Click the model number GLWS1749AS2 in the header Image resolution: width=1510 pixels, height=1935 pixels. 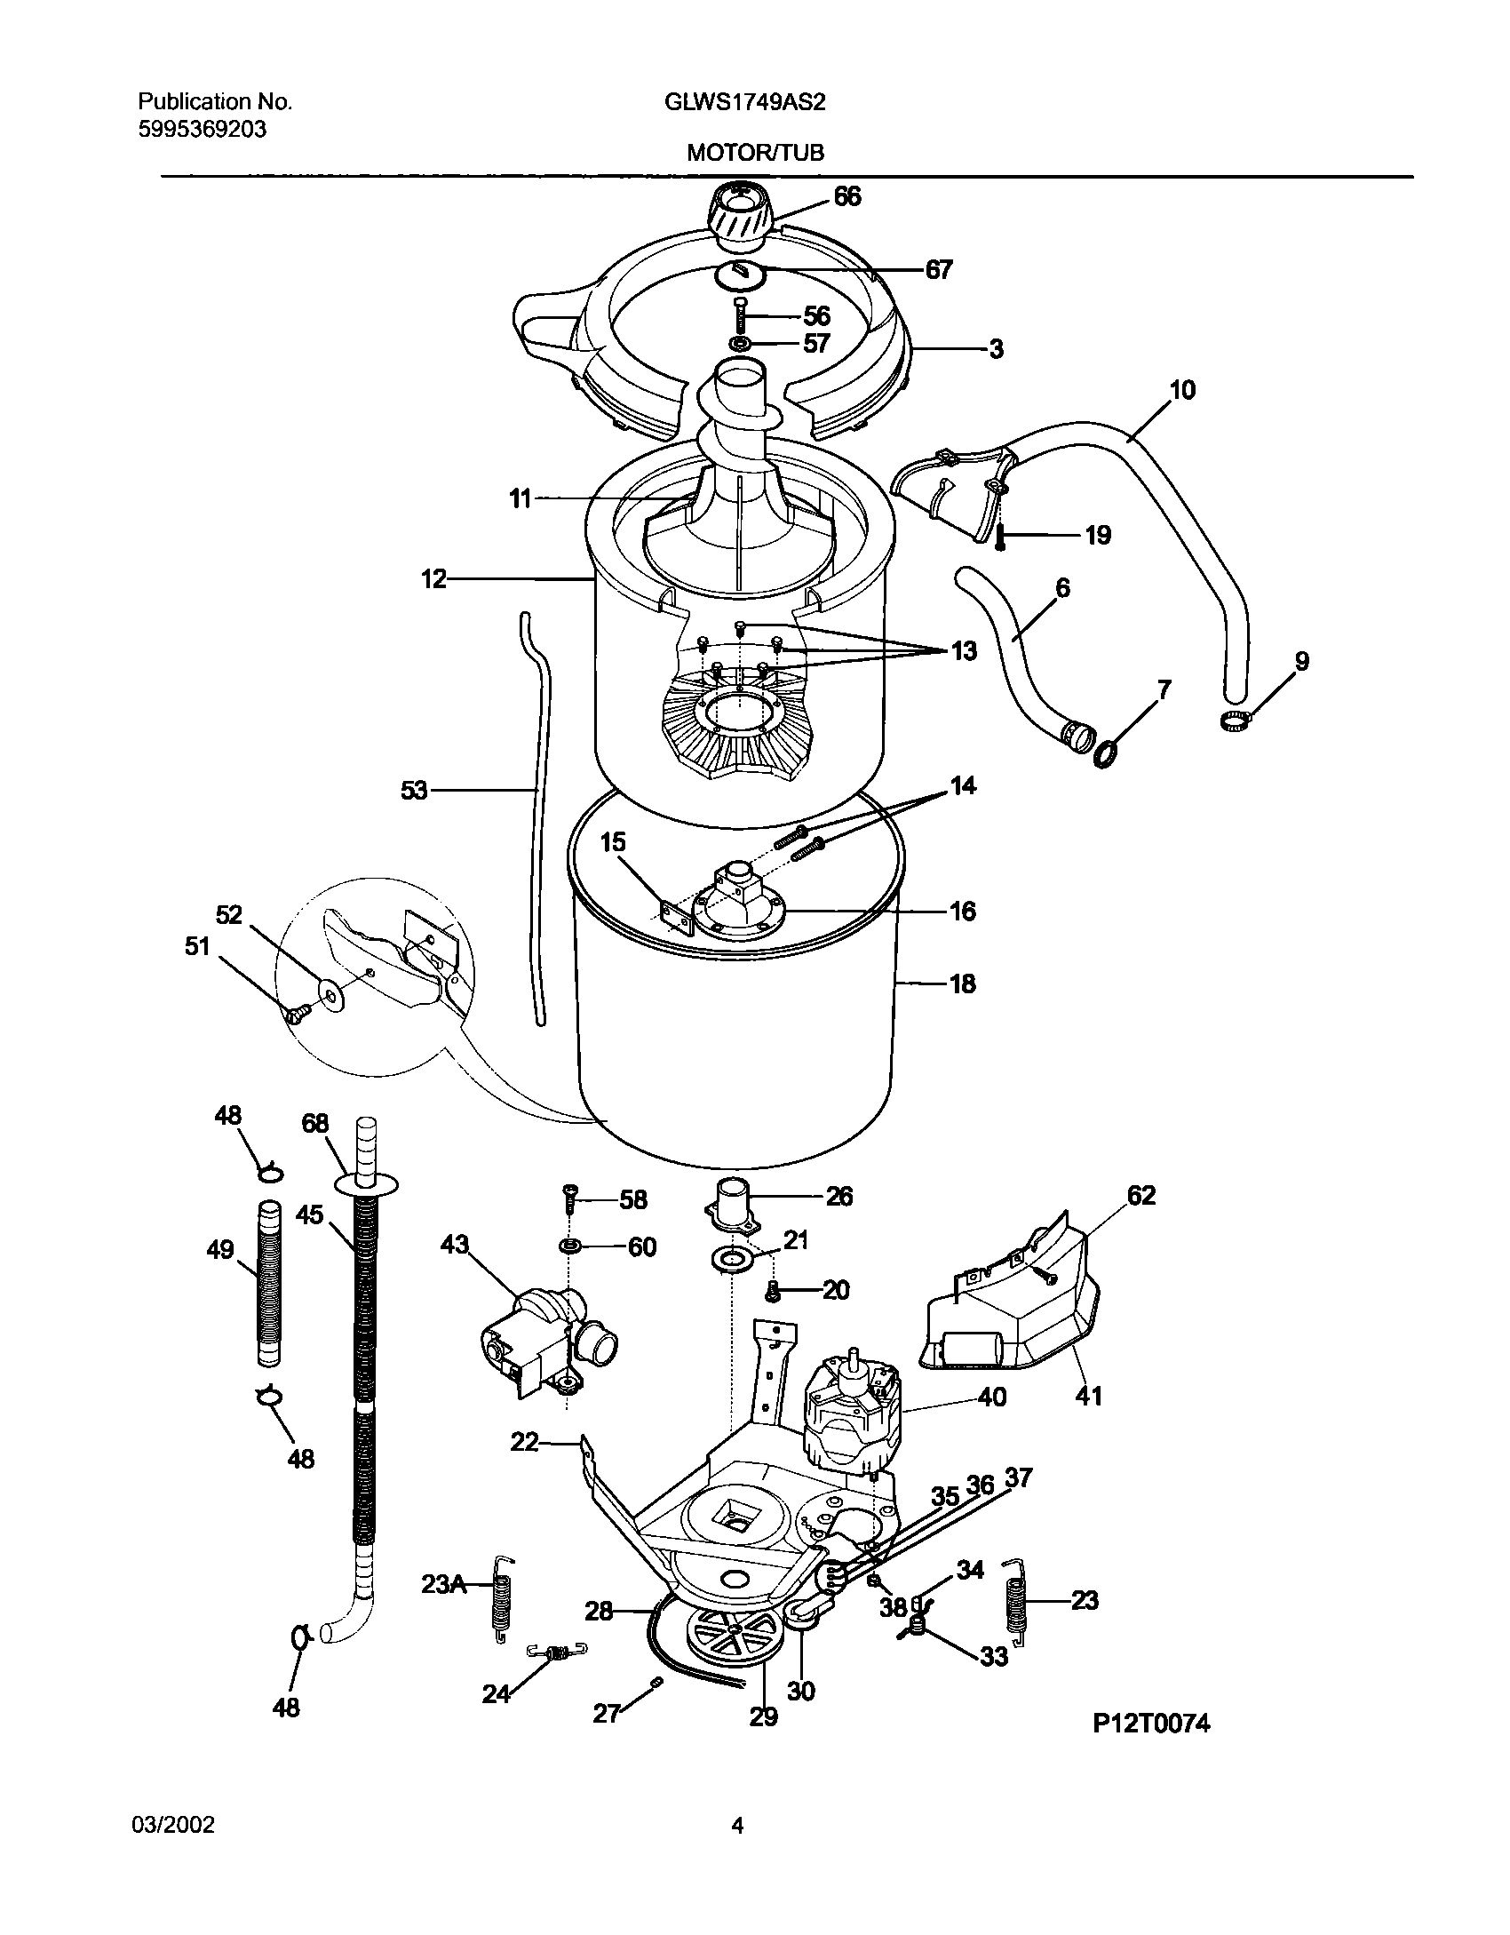click(744, 102)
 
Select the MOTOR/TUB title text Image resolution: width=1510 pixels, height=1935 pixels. click(755, 153)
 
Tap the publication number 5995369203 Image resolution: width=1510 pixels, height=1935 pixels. click(202, 130)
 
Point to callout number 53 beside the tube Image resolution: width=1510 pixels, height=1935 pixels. click(414, 790)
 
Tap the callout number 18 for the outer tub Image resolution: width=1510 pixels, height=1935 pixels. click(962, 983)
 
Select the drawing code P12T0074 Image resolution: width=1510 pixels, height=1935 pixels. click(1150, 1748)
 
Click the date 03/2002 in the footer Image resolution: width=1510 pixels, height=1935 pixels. click(172, 1826)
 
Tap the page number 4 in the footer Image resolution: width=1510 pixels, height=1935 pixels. click(736, 1826)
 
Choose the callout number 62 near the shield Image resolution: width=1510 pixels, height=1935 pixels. click(1141, 1196)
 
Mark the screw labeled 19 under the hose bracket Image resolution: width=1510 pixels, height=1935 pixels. click(999, 536)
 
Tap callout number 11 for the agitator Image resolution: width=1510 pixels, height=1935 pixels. click(521, 499)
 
